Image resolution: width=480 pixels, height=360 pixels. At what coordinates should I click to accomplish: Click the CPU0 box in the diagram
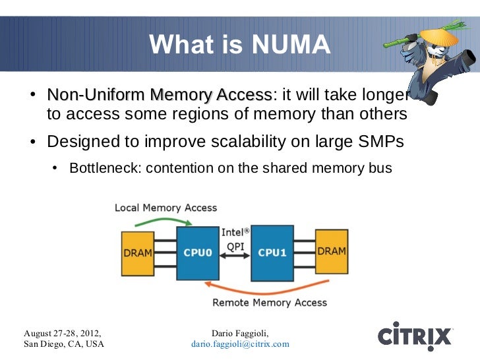pyautogui.click(x=198, y=253)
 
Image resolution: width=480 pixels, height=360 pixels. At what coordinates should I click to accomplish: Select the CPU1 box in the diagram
pyautogui.click(x=272, y=253)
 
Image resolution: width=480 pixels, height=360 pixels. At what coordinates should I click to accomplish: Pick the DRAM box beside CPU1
pyautogui.click(x=332, y=252)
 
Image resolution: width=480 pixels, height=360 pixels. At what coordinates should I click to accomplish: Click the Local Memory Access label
pyautogui.click(x=165, y=208)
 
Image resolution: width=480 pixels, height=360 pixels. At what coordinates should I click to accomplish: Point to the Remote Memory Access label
pyautogui.click(x=269, y=303)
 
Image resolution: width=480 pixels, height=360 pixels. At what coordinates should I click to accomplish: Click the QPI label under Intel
pyautogui.click(x=235, y=245)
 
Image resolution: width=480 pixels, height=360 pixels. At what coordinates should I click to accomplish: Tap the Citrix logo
pyautogui.click(x=415, y=334)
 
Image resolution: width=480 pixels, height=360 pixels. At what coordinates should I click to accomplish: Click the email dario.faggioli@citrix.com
pyautogui.click(x=240, y=344)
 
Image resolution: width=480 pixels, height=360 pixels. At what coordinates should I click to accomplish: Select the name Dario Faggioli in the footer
pyautogui.click(x=239, y=332)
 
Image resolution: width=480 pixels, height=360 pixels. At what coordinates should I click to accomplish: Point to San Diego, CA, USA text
pyautogui.click(x=63, y=344)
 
